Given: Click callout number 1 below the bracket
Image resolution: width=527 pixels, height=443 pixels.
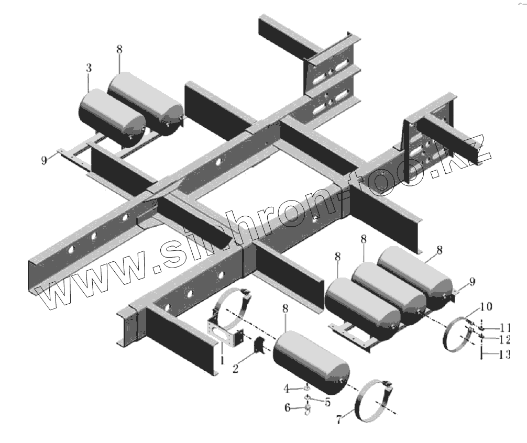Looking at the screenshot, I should tap(222, 360).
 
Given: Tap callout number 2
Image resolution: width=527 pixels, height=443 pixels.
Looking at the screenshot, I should tap(236, 369).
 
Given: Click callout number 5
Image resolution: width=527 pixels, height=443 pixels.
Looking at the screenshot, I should tap(328, 402).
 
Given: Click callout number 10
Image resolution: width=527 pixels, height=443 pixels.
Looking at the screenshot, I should tap(485, 305).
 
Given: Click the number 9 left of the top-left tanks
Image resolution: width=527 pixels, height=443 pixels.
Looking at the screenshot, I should tap(45, 160).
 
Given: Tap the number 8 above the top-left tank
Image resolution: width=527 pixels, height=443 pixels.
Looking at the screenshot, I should tap(119, 49).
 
